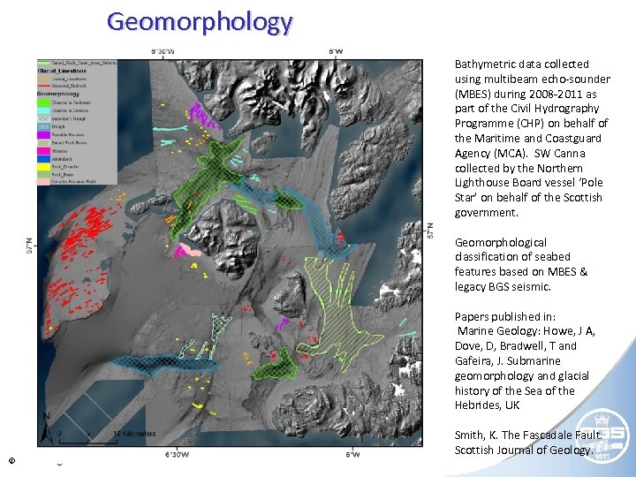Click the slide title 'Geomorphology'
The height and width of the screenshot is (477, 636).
199,21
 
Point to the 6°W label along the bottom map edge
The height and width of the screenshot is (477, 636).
352,454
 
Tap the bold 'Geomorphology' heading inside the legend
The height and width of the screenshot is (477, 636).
57,94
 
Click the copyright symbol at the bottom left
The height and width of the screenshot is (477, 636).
11,460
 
